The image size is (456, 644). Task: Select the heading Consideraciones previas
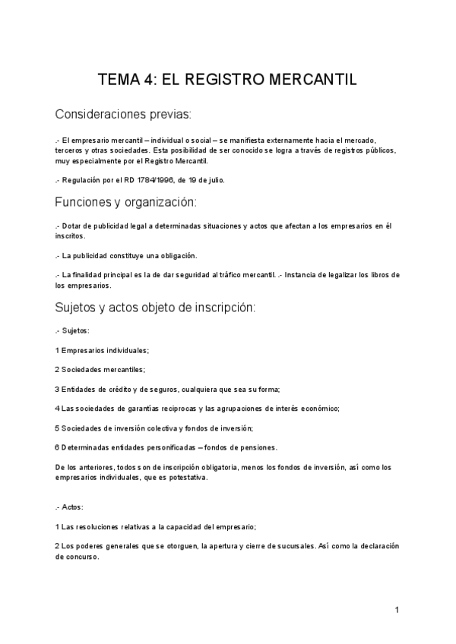[123, 115]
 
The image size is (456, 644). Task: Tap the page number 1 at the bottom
[397, 609]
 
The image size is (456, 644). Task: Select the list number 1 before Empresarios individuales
[57, 350]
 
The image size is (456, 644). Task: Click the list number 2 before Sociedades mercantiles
[57, 369]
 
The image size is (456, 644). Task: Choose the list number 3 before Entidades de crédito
[57, 389]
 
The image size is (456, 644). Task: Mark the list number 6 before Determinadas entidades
[57, 447]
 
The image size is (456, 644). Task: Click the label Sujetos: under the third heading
[76, 331]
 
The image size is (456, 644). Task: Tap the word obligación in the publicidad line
[175, 255]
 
